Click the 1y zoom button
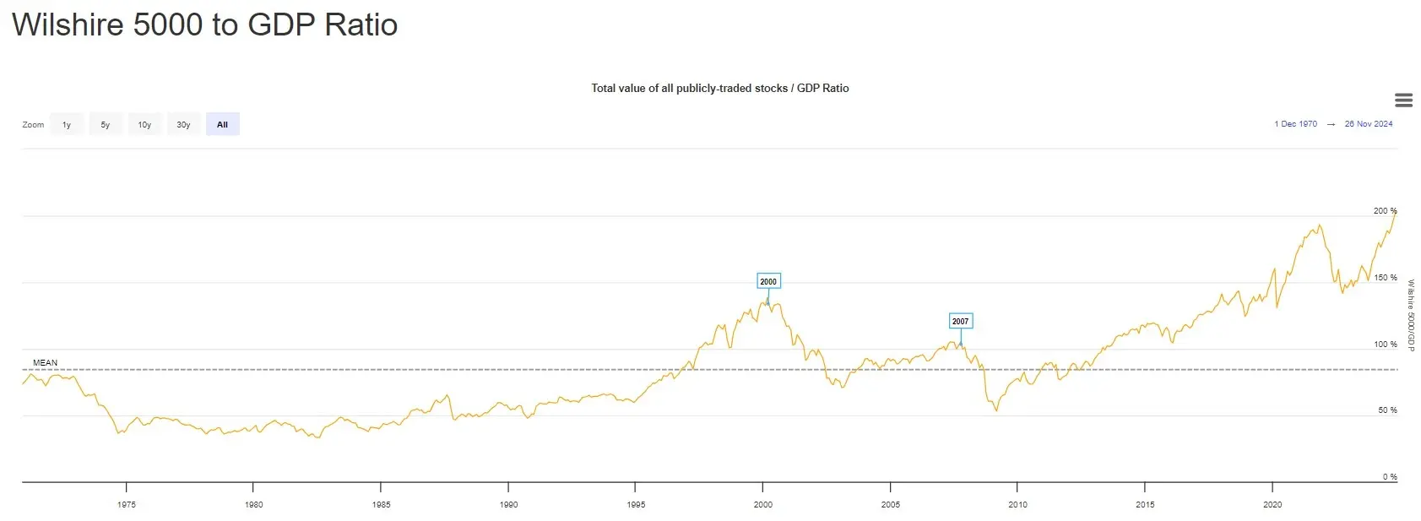[67, 124]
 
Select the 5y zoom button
[106, 124]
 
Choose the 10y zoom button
[144, 124]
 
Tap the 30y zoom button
[183, 124]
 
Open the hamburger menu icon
[1404, 100]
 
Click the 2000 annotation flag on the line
[768, 282]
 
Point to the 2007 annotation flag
[960, 321]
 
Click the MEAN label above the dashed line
[46, 363]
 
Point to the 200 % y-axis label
[1385, 211]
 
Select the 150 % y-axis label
[1385, 278]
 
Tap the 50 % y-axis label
[1387, 410]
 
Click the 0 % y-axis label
[1390, 477]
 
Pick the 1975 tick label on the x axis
[127, 505]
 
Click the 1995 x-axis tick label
[636, 505]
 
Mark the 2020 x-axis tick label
[1272, 505]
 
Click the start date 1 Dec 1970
[1295, 124]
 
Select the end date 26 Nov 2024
[1369, 124]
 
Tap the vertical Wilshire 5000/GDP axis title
[1411, 315]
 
